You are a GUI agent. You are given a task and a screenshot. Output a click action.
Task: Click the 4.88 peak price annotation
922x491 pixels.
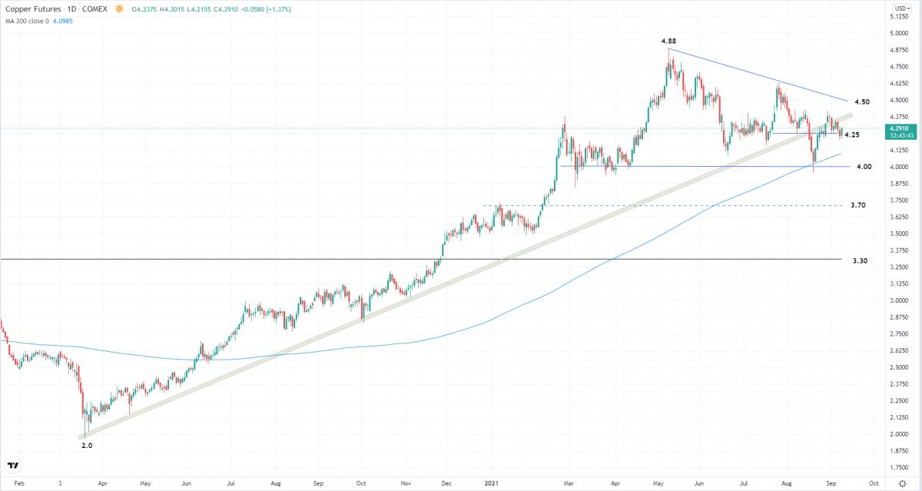click(668, 40)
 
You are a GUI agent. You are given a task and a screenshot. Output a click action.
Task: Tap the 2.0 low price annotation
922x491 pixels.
click(87, 445)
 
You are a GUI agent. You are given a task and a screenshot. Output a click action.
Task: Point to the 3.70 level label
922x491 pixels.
click(858, 206)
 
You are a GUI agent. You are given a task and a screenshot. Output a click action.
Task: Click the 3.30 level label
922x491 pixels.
click(860, 261)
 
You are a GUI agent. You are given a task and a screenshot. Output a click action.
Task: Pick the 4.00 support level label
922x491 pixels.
click(864, 167)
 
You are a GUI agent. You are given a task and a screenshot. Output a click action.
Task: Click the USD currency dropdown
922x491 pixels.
click(900, 8)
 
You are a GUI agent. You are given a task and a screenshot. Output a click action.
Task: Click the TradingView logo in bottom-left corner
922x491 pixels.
click(13, 466)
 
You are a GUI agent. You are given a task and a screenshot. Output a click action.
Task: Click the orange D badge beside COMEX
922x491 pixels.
click(119, 8)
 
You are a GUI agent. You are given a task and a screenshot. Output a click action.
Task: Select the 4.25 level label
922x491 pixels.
click(851, 135)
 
